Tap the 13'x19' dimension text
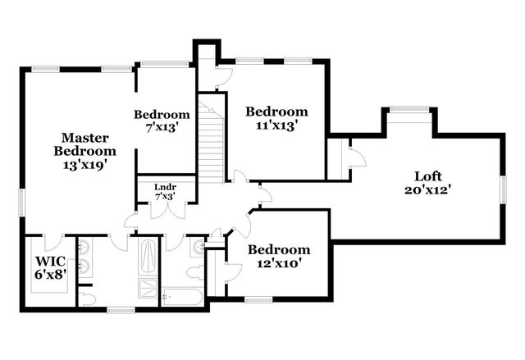coord(84,164)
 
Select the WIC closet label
coord(49,262)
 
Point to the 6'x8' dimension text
coord(50,276)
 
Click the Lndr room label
coord(166,186)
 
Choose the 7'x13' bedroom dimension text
coord(162,128)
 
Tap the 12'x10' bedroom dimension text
coord(279,264)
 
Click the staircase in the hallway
coord(212,139)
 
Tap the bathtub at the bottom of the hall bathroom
coord(181,297)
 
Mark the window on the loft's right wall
coord(502,189)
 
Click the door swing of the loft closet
coord(354,157)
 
